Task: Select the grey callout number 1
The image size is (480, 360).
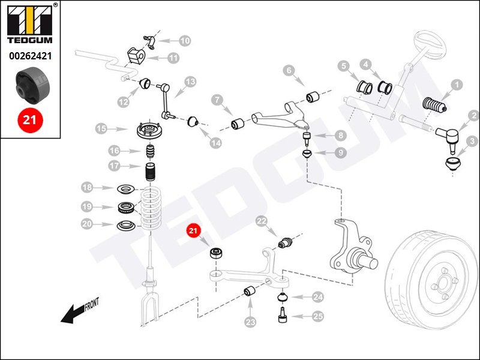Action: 457,85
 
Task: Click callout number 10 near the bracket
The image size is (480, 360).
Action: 184,41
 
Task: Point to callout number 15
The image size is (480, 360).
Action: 101,128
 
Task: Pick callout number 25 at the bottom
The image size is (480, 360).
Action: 317,316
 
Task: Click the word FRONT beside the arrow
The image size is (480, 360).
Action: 91,305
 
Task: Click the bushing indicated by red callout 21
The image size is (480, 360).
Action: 215,252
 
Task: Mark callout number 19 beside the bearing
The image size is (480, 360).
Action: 87,207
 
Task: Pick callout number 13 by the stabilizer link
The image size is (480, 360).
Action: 190,82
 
